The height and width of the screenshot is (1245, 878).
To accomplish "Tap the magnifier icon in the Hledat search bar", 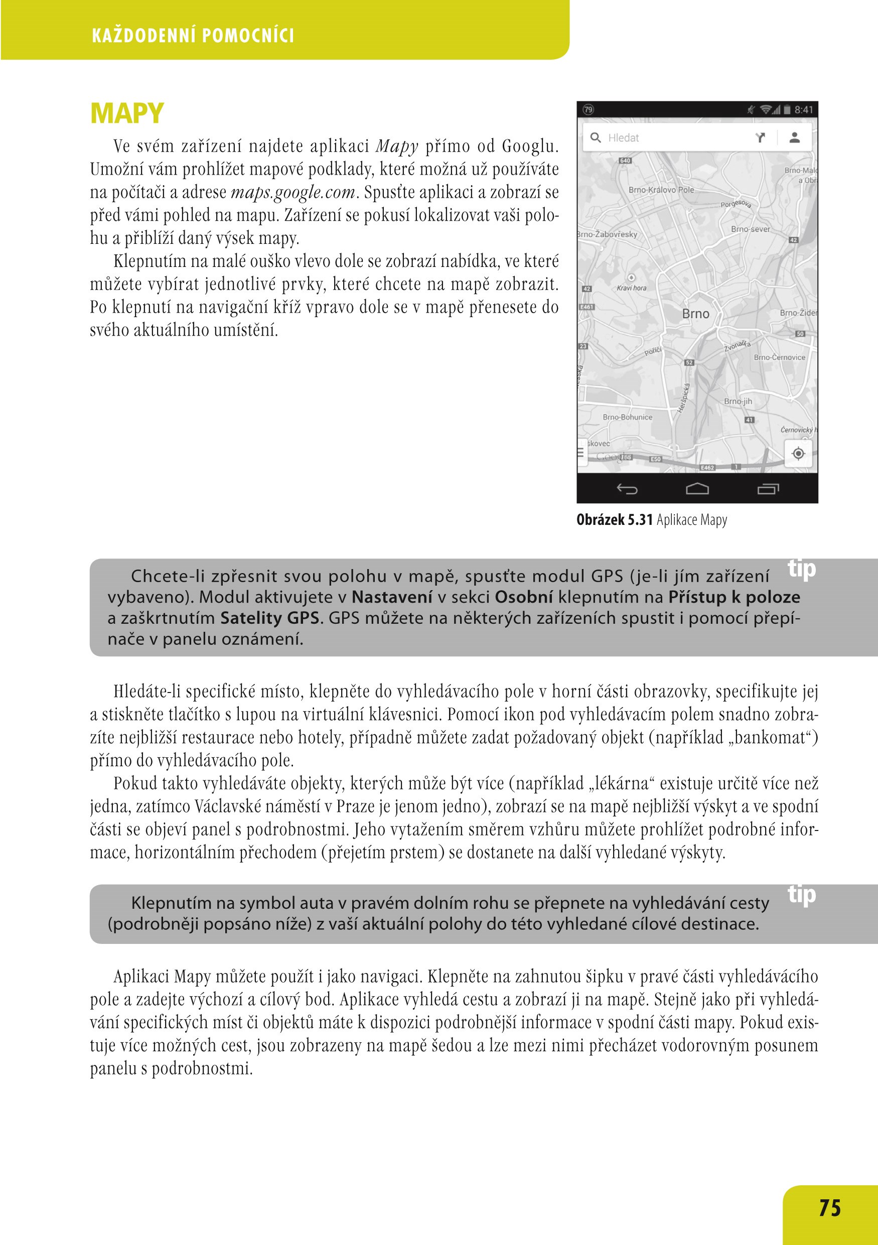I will [x=595, y=137].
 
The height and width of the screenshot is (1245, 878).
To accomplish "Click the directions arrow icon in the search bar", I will [x=761, y=137].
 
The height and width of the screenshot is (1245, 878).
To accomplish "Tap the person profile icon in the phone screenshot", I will [x=795, y=137].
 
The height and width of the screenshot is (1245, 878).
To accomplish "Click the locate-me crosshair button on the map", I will [x=798, y=453].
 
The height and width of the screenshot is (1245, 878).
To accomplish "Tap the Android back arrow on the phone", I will [x=627, y=490].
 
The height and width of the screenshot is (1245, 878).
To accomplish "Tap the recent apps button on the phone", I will [x=768, y=490].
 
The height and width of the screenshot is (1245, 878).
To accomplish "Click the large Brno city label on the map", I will [x=695, y=314].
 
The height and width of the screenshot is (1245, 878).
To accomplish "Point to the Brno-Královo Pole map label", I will [x=661, y=190].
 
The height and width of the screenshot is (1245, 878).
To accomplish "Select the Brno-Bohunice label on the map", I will [x=627, y=418].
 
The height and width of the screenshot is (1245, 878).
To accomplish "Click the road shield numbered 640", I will [x=625, y=161].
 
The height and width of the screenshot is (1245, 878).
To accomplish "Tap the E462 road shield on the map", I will [x=707, y=467].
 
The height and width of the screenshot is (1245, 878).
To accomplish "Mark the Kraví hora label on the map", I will [x=631, y=288].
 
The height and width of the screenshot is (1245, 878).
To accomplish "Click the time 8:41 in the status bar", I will [x=804, y=110].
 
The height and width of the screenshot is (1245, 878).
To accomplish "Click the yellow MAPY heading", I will [x=127, y=114].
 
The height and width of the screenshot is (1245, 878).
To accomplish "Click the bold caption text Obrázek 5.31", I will [x=614, y=520].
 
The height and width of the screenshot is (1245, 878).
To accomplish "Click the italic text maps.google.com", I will [x=293, y=193].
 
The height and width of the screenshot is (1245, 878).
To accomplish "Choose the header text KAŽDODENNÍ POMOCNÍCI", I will [x=193, y=36].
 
